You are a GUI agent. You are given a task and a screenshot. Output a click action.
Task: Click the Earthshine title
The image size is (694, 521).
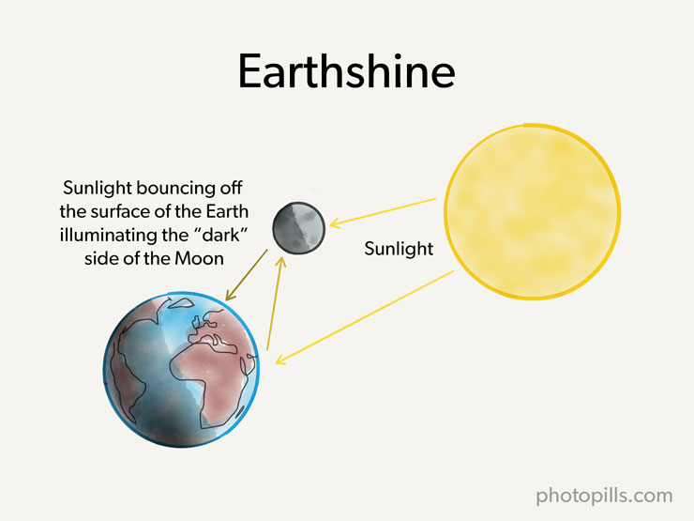click(x=347, y=71)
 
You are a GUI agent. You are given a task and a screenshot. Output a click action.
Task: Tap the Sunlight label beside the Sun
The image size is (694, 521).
click(x=399, y=249)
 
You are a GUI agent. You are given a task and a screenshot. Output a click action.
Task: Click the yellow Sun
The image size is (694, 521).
click(x=533, y=212)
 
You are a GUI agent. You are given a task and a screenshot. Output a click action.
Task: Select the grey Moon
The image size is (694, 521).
click(x=299, y=228)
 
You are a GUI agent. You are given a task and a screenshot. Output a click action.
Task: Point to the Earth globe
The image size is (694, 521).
click(x=181, y=369)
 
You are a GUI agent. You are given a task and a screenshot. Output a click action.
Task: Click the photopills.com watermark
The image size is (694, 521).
click(x=604, y=496)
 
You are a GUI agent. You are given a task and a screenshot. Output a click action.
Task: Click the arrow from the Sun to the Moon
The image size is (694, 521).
click(x=384, y=213)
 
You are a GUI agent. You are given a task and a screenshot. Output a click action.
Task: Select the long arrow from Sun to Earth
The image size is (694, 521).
click(x=365, y=317)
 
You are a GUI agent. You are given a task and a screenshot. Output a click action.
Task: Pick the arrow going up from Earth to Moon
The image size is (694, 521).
click(x=275, y=303)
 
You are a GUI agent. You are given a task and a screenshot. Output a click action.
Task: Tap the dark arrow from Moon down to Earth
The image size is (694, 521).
click(x=246, y=275)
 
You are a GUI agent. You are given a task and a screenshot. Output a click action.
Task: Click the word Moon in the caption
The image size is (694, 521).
click(x=199, y=259)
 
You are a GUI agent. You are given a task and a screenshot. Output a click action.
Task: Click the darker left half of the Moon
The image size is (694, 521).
click(x=284, y=228)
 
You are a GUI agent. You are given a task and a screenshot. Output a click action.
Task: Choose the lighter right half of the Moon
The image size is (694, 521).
click(x=312, y=227)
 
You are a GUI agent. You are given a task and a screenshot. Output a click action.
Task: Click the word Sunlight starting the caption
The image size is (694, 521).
click(x=98, y=189)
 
